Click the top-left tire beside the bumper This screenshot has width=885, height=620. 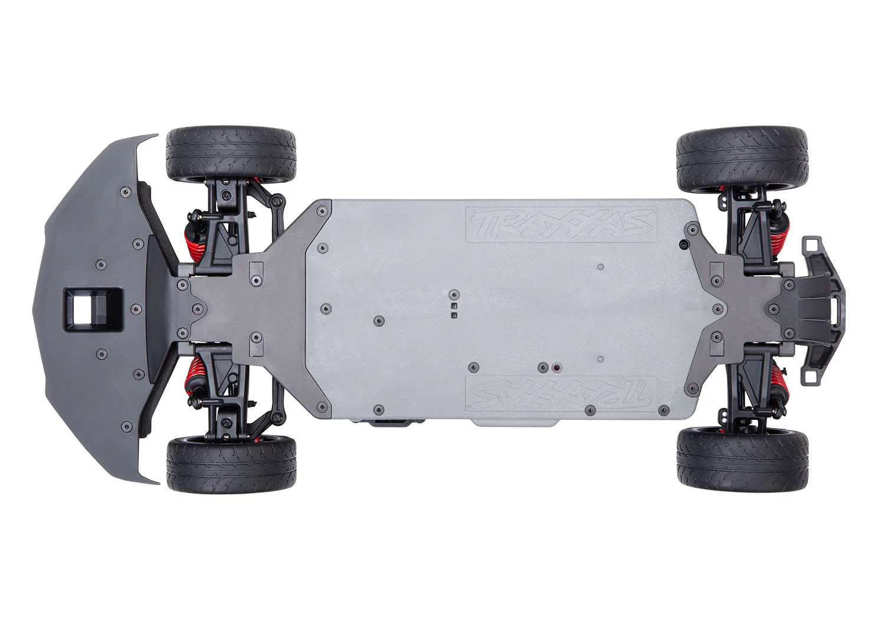coord(231,155)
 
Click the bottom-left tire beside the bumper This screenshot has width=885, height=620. coord(231,465)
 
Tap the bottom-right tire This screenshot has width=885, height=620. coord(742,462)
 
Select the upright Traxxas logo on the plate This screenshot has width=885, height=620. coord(561,224)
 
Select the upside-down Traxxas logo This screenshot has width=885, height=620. coord(561,394)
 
